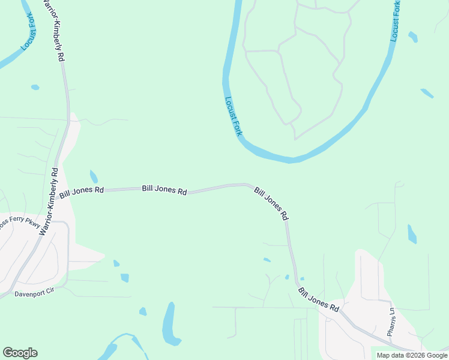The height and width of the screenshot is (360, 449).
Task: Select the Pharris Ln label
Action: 391,321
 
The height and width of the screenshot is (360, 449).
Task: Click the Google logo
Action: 20,353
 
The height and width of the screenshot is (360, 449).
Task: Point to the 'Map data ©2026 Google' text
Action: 411,355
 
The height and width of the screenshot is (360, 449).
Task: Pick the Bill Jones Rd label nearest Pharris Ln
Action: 319,299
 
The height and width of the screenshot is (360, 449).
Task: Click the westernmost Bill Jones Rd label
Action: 82,193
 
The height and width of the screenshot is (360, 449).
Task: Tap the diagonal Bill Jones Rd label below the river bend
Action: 271,203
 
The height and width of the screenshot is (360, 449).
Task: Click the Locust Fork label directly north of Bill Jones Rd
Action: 233,116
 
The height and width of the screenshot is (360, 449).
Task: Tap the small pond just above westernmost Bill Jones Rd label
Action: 94,176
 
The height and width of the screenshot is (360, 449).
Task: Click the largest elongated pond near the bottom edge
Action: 170,325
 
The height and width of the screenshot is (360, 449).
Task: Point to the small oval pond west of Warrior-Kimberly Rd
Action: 35,88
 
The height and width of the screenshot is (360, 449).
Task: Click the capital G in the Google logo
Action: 8,353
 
